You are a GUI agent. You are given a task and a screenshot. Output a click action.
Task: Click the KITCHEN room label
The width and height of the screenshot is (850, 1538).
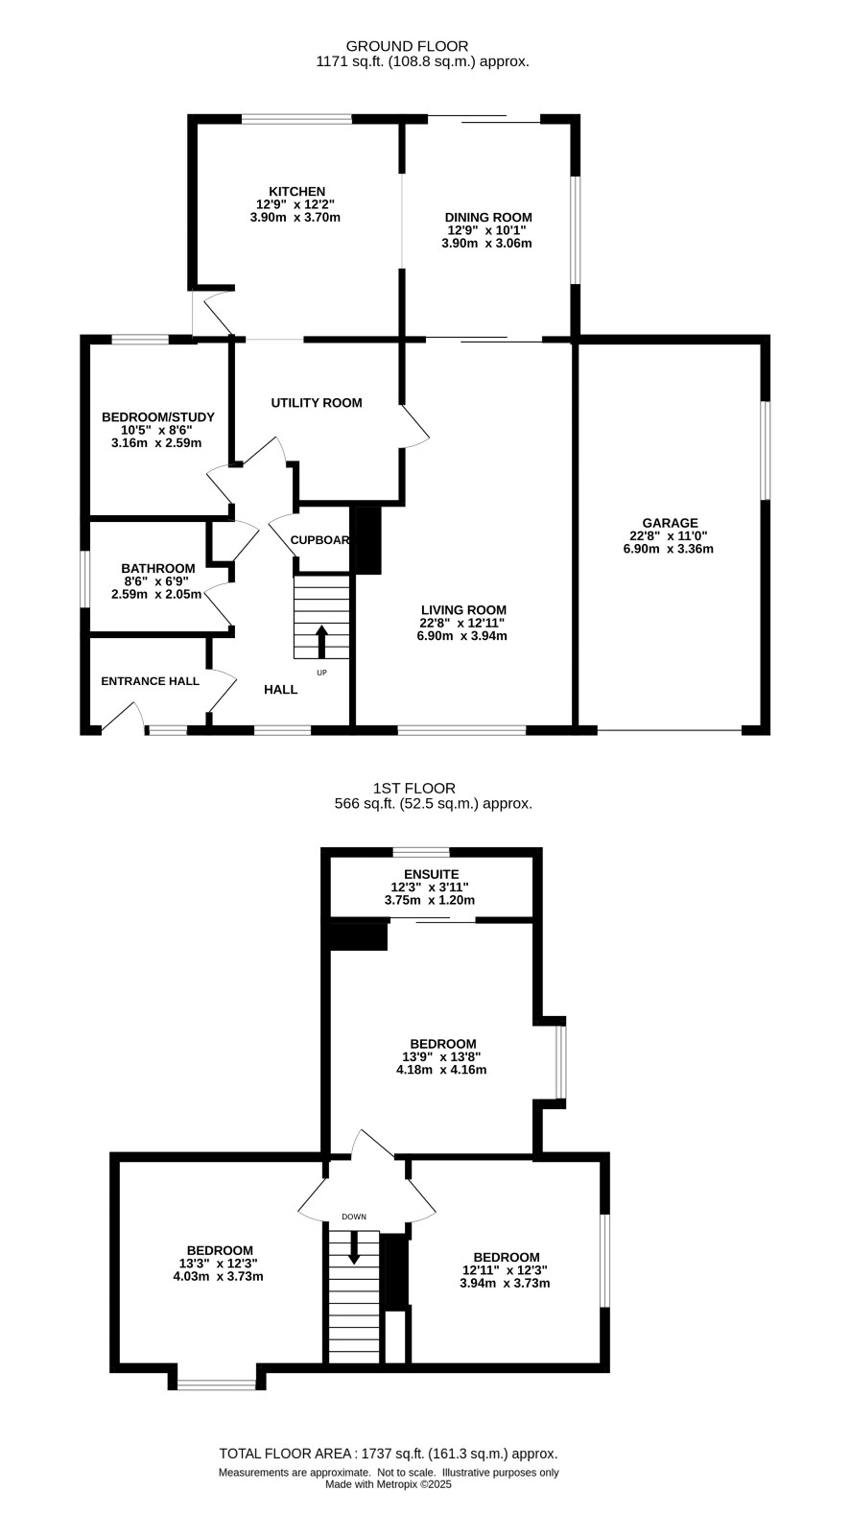pyautogui.click(x=296, y=192)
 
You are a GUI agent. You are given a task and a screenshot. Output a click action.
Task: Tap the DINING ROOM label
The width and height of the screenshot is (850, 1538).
pyautogui.click(x=488, y=218)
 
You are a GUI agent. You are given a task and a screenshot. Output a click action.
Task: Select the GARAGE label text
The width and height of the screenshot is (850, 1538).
pyautogui.click(x=670, y=523)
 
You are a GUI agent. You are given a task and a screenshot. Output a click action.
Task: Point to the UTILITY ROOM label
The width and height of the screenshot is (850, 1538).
pyautogui.click(x=317, y=403)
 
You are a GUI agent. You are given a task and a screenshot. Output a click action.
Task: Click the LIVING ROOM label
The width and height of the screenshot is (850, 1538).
pyautogui.click(x=463, y=610)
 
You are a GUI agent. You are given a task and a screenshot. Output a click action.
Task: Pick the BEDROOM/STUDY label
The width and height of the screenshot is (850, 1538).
pyautogui.click(x=158, y=417)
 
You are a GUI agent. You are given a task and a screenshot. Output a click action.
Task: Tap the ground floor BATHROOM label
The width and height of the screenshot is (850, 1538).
pyautogui.click(x=158, y=569)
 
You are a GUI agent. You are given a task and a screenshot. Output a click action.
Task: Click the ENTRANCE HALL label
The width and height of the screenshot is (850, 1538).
pyautogui.click(x=151, y=681)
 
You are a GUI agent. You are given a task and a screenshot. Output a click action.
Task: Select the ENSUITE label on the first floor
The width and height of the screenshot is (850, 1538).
pyautogui.click(x=431, y=875)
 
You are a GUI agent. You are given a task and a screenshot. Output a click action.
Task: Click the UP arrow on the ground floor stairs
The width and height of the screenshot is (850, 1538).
pyautogui.click(x=321, y=642)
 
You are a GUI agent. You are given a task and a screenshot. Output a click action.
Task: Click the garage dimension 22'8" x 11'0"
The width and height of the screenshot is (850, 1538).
pyautogui.click(x=669, y=536)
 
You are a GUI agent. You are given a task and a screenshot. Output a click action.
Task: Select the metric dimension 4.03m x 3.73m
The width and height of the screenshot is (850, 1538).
pyautogui.click(x=219, y=1276)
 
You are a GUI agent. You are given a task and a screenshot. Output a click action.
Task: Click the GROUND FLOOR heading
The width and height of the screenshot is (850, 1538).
pyautogui.click(x=407, y=47)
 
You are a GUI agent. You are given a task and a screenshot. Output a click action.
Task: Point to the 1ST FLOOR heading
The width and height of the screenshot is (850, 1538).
pyautogui.click(x=414, y=789)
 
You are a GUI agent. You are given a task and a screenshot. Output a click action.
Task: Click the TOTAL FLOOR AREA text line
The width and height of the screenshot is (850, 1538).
pyautogui.click(x=389, y=1454)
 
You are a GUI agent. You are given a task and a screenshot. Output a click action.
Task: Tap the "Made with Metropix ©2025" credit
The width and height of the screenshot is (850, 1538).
pyautogui.click(x=389, y=1483)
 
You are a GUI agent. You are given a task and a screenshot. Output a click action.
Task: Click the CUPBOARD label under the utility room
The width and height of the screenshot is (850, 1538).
pyautogui.click(x=320, y=540)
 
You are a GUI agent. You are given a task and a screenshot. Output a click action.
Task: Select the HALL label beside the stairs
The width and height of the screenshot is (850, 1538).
pyautogui.click(x=281, y=689)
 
